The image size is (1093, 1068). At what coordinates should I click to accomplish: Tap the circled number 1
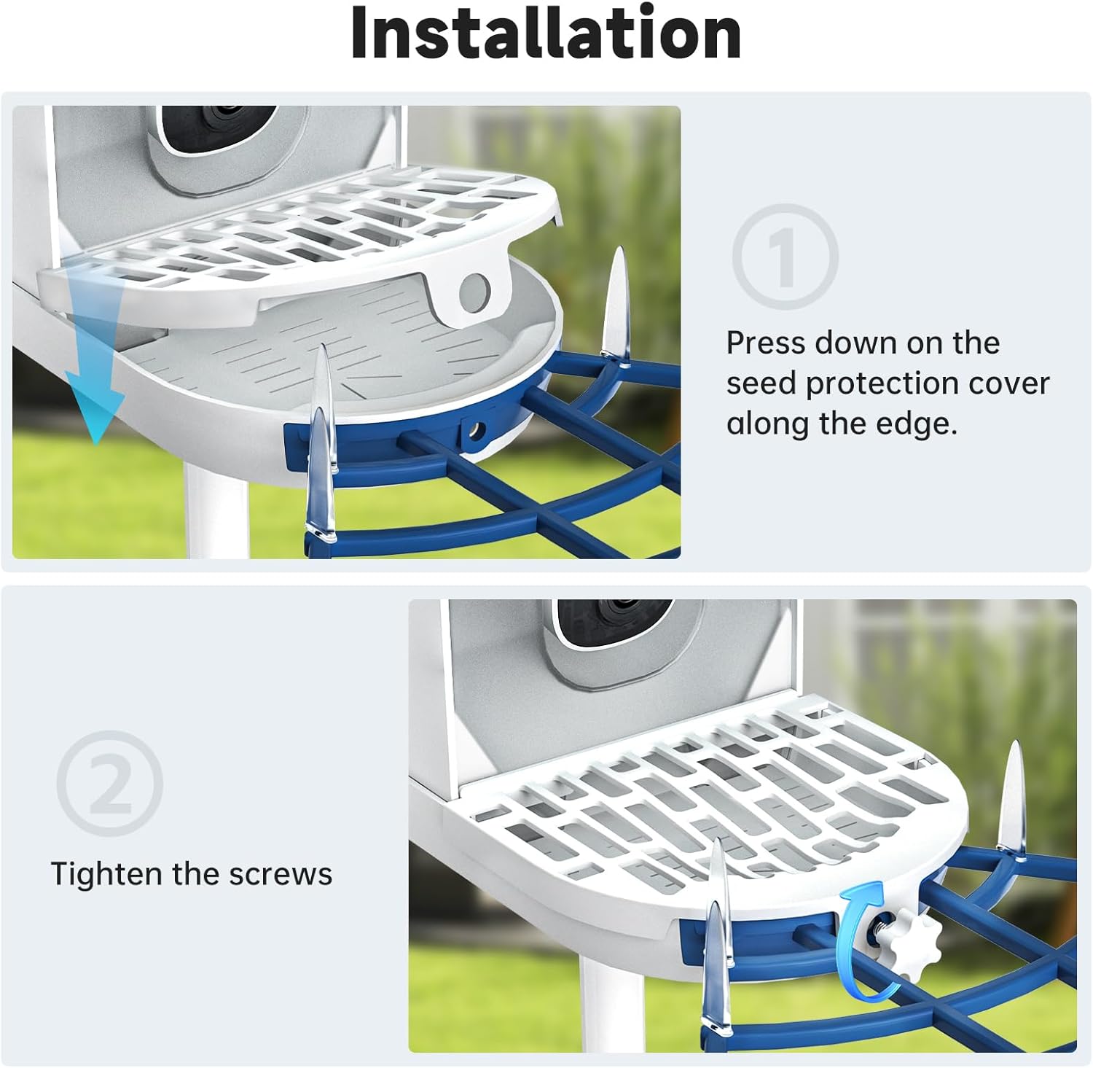pos(785,257)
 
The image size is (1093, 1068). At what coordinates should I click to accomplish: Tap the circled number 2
pos(110,783)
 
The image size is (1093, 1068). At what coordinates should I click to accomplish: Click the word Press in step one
pos(764,343)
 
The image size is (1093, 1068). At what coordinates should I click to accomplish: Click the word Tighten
pos(106,874)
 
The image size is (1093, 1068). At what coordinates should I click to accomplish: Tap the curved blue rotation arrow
pos(860,940)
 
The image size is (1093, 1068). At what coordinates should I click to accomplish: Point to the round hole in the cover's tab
pos(474,290)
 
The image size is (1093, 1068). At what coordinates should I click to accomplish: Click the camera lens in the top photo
pos(219,117)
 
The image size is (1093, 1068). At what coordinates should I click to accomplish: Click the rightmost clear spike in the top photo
pos(616,306)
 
